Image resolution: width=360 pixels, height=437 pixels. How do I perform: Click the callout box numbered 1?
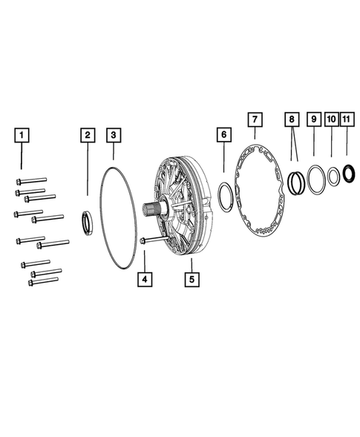(x=22, y=135)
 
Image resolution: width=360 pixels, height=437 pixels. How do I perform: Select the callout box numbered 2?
(x=88, y=135)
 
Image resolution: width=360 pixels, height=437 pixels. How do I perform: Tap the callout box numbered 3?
(x=113, y=135)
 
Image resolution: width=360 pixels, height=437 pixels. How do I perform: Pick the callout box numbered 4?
(x=144, y=280)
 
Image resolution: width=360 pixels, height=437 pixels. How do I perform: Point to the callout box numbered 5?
(x=191, y=280)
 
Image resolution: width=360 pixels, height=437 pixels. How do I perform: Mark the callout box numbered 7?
(x=255, y=119)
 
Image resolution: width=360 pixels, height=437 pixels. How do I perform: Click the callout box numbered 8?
(x=293, y=119)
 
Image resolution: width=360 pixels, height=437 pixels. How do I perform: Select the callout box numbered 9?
(x=314, y=119)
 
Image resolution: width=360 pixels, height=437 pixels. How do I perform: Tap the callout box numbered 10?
(x=332, y=119)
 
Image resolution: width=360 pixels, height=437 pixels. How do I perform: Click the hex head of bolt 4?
(x=141, y=240)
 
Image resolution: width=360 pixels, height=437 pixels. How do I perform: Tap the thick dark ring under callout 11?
(x=348, y=177)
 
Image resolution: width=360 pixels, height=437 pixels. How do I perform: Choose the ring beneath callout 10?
(x=333, y=177)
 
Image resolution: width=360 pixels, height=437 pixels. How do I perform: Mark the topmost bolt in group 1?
(x=30, y=180)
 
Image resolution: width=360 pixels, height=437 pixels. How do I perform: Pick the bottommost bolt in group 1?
(x=44, y=280)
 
